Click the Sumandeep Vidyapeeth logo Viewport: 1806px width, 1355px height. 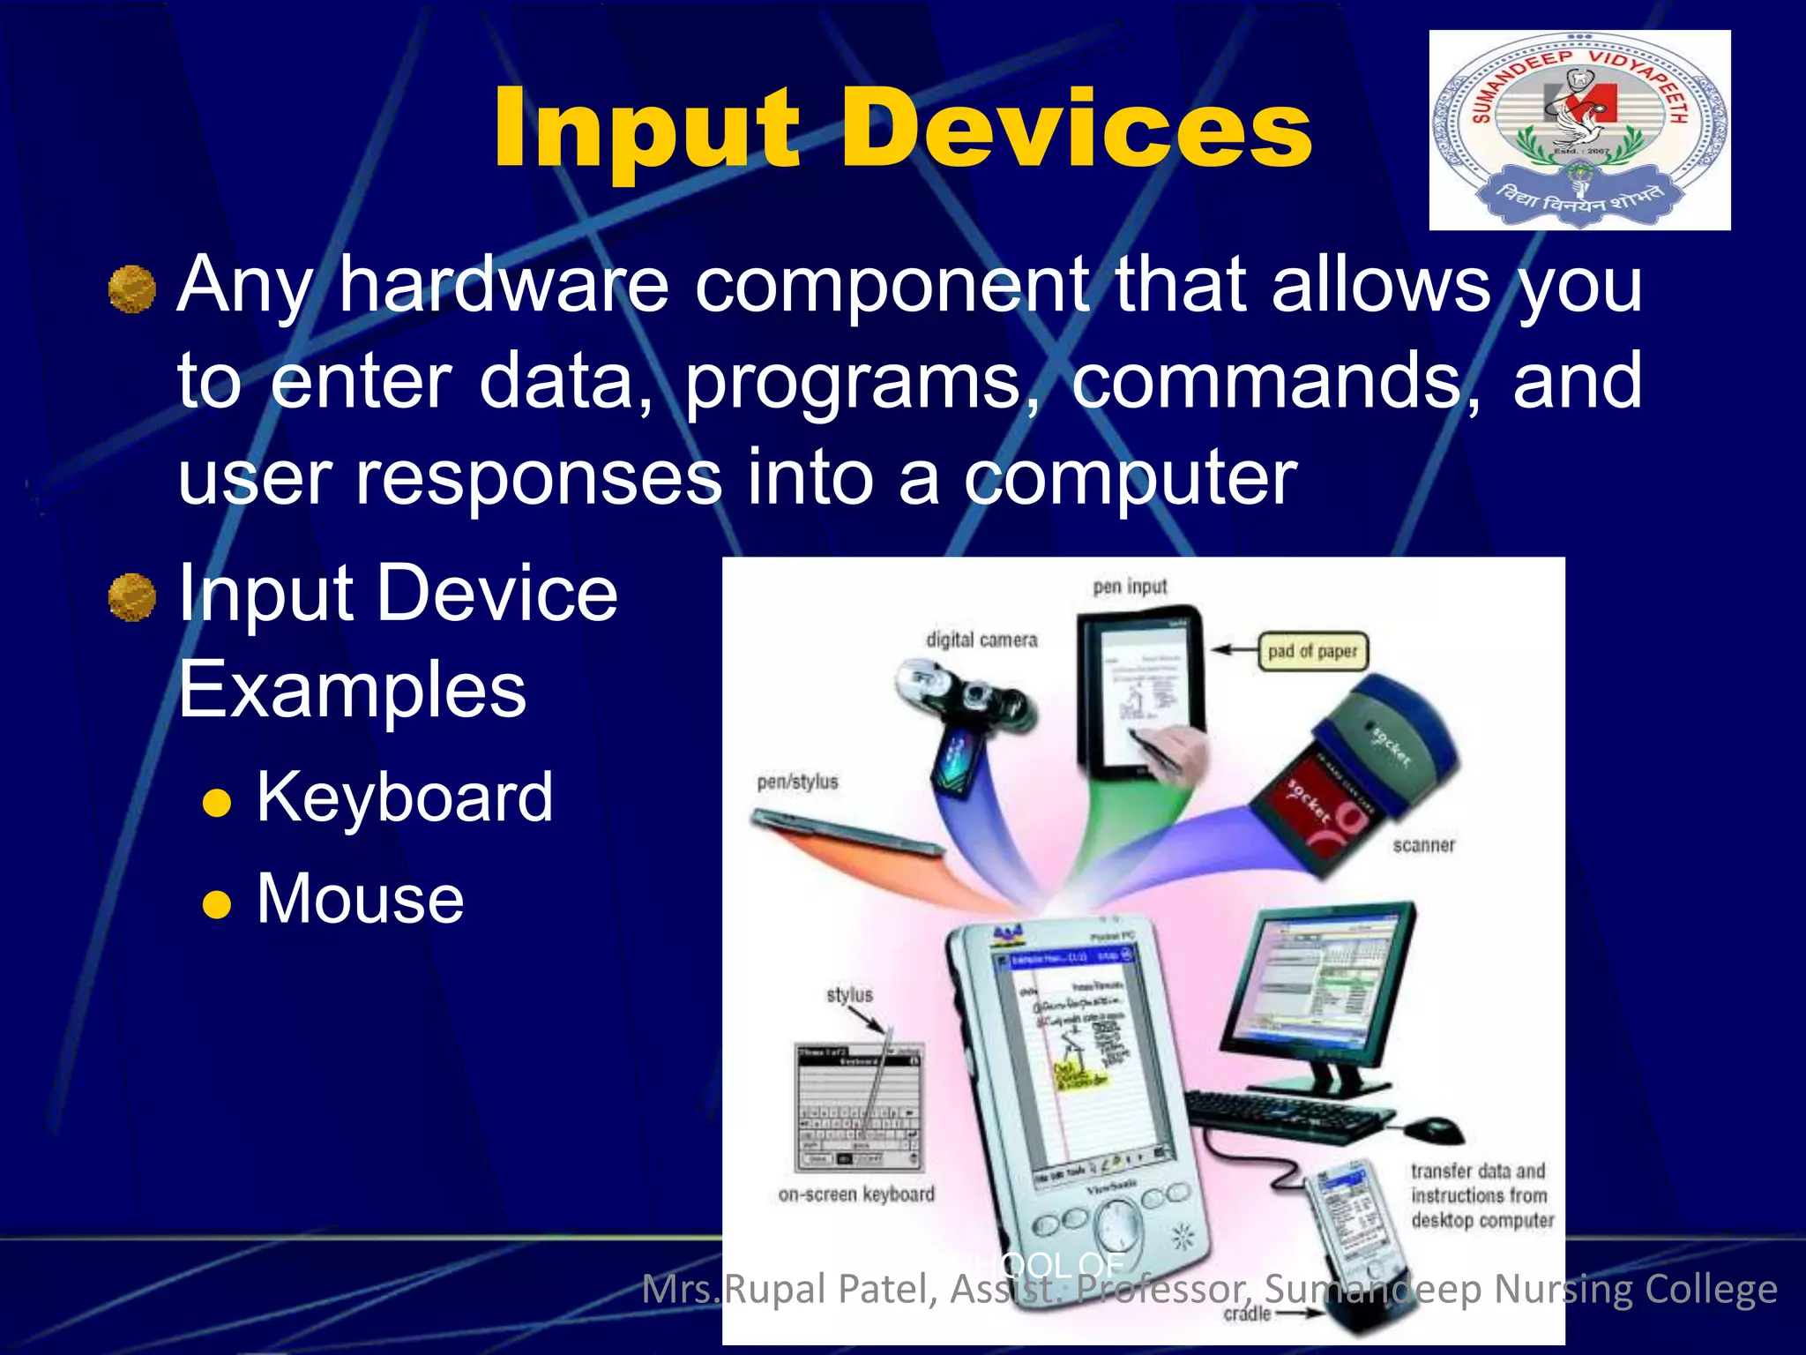(1578, 131)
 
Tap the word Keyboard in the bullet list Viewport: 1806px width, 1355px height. (405, 797)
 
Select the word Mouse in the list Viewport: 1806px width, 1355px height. (360, 899)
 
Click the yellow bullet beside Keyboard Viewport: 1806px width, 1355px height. (217, 804)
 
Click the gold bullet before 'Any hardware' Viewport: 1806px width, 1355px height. (132, 289)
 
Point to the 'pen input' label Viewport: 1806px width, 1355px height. (1130, 587)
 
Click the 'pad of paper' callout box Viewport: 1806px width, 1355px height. (1312, 652)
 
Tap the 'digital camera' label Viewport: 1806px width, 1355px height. (981, 640)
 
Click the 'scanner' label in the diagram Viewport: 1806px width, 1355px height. (1423, 845)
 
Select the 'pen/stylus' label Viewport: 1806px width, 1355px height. (797, 782)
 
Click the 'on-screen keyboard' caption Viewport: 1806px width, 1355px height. (855, 1194)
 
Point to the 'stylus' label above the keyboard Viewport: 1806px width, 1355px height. (849, 995)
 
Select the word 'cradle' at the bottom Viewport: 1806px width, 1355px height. (1247, 1314)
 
